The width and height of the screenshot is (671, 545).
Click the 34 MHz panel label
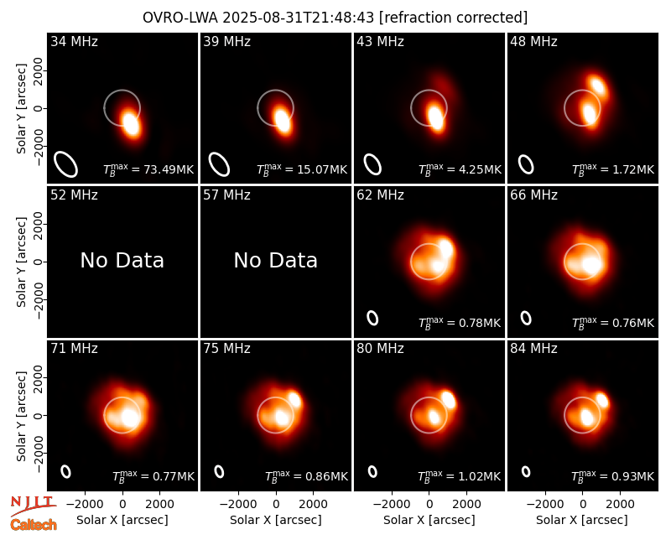point(74,41)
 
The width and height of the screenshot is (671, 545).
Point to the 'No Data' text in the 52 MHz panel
point(122,260)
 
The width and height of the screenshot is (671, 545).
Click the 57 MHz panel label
point(226,195)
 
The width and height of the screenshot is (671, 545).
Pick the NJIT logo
point(33,506)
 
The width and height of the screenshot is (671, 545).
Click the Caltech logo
point(34,525)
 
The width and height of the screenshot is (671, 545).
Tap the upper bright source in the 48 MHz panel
point(596,86)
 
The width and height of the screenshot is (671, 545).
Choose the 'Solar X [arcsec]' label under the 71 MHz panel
point(122,520)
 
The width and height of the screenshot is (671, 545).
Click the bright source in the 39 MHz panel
point(282,121)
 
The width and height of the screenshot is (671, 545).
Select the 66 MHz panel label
point(533,195)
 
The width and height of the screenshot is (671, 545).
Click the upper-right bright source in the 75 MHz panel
point(295,399)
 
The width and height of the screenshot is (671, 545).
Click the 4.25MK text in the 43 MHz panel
point(480,169)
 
